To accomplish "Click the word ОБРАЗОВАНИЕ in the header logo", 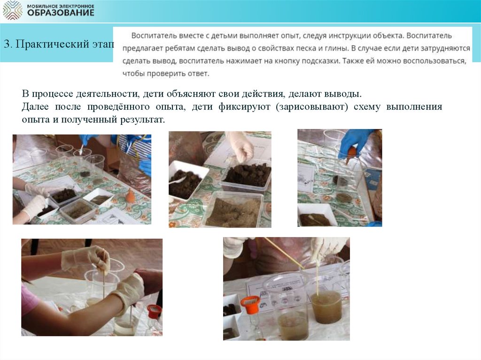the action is pyautogui.click(x=61, y=13).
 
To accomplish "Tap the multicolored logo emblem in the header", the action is pyautogui.click(x=12, y=10).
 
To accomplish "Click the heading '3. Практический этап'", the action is pyautogui.click(x=59, y=44).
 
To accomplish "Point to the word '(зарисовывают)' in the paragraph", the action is pyautogui.click(x=312, y=107).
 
